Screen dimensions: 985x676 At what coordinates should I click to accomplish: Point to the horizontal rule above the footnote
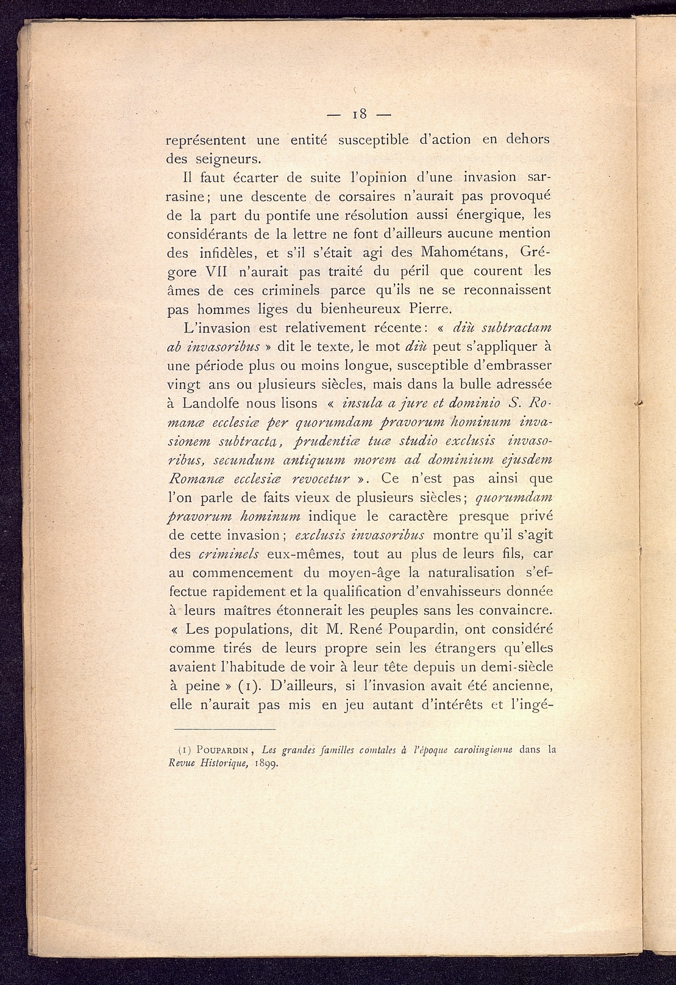[x=225, y=729]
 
